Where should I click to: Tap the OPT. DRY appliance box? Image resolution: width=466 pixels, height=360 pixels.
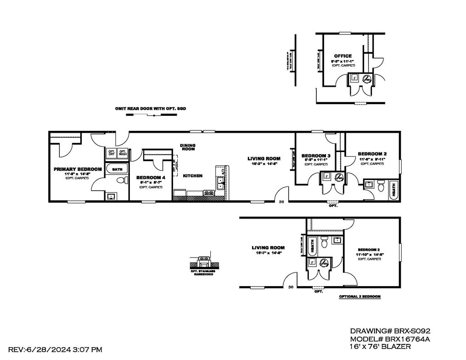click(x=112, y=153)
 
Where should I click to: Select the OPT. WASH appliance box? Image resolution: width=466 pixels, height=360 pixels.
click(x=123, y=153)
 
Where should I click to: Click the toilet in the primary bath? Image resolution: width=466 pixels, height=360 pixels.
click(x=121, y=181)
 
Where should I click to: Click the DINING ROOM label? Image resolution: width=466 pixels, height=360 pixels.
click(x=187, y=147)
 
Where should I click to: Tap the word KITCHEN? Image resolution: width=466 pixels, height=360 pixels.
click(x=192, y=176)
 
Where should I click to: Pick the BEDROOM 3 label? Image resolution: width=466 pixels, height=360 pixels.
click(x=315, y=156)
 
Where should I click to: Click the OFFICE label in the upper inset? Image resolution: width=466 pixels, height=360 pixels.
click(x=342, y=56)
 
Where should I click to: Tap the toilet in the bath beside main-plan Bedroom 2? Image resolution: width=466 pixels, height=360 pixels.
click(x=381, y=186)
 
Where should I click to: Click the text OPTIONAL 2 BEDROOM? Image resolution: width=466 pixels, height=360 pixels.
click(x=359, y=297)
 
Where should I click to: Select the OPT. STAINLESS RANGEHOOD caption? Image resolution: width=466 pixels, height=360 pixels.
click(x=203, y=273)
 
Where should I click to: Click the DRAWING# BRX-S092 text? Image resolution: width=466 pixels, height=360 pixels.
click(x=390, y=330)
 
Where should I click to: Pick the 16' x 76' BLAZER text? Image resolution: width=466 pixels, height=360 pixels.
click(x=381, y=347)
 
